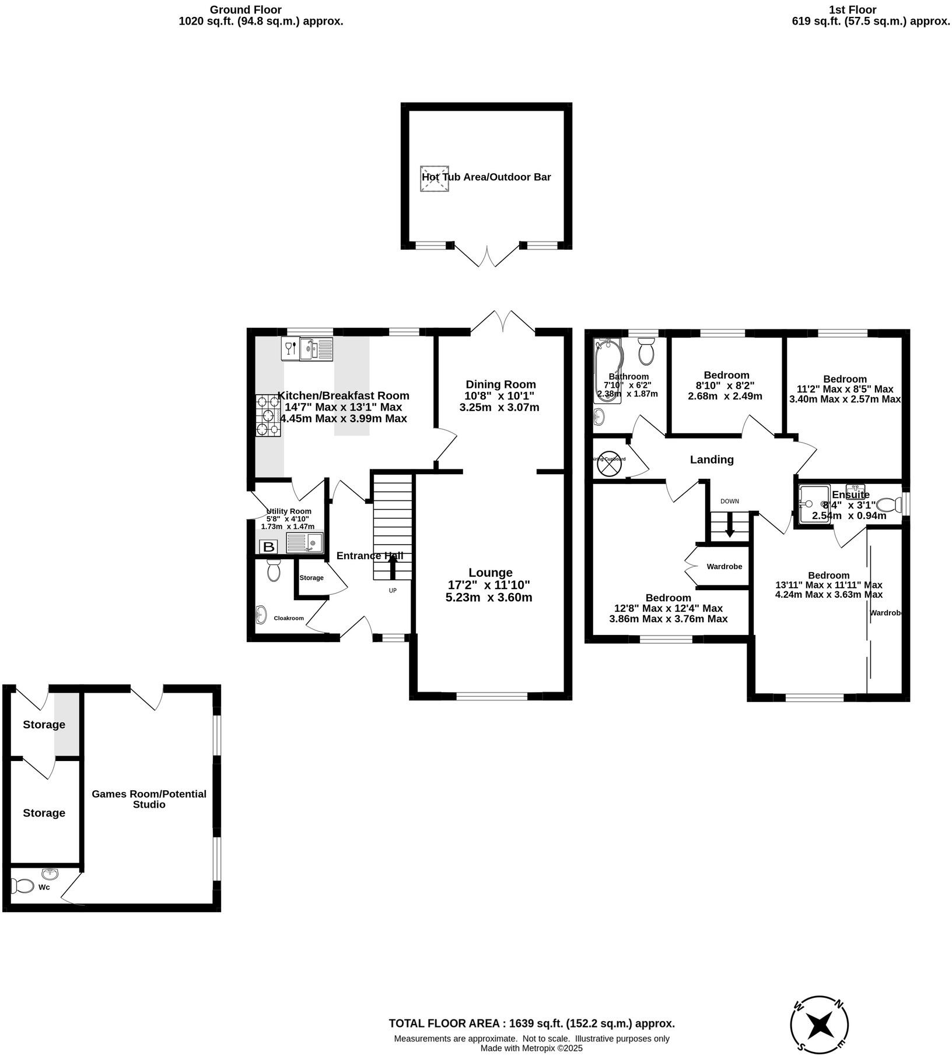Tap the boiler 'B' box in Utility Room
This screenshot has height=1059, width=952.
268,547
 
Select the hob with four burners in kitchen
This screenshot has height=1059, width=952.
268,415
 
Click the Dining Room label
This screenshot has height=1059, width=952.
501,384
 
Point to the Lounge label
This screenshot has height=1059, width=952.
491,573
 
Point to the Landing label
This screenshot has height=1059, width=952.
712,460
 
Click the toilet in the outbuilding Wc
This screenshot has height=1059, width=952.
23,886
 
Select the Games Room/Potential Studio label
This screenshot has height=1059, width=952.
149,799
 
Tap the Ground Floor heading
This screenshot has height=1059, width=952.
246,10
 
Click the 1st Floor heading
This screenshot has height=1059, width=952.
852,10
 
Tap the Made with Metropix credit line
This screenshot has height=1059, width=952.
531,1048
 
